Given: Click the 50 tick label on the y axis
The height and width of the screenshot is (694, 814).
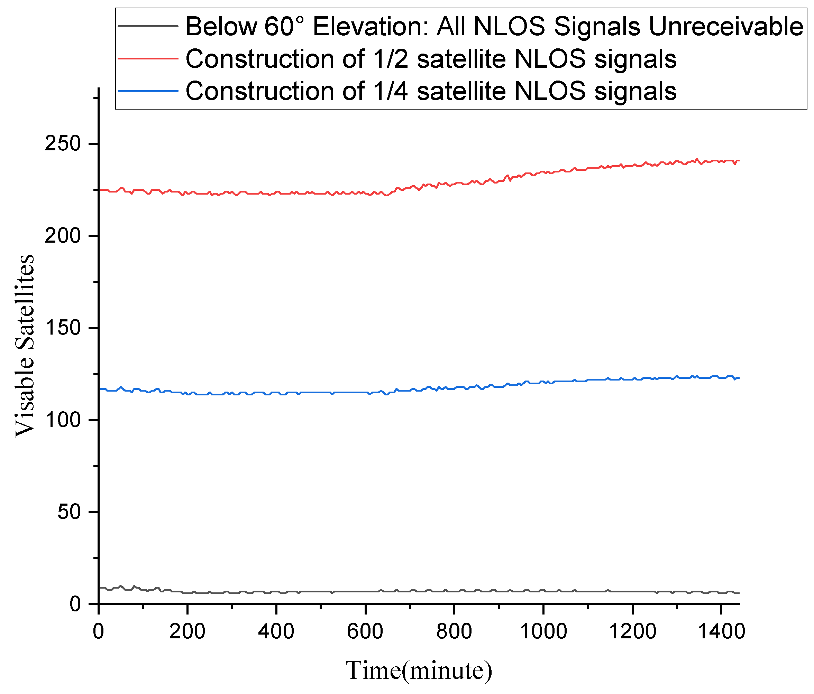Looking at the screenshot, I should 72,512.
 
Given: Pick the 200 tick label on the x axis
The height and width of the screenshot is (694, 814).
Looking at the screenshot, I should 188,632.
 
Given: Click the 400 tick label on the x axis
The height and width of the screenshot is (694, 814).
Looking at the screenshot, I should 276,632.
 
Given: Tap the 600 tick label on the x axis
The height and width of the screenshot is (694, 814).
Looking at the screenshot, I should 365,632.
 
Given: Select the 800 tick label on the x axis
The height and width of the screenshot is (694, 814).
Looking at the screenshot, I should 454,632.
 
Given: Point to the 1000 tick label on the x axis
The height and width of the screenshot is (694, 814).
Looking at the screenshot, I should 543,632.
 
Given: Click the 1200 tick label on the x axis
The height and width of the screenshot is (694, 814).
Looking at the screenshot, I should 632,632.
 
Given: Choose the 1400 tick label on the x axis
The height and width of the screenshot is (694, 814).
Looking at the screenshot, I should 721,632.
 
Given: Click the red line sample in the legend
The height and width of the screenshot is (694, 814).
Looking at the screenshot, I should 148,58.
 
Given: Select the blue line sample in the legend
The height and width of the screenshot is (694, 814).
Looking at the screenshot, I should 148,91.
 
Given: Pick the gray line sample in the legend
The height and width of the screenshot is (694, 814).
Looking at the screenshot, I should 148,26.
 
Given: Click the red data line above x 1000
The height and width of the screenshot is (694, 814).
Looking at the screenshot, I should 543,172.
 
